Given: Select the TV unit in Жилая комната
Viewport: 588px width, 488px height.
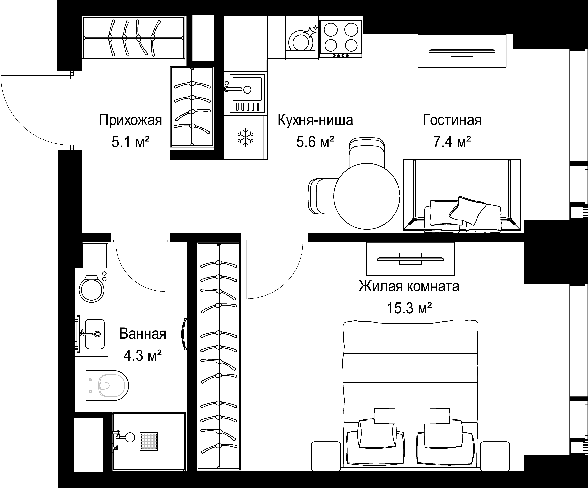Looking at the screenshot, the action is pyautogui.click(x=411, y=259).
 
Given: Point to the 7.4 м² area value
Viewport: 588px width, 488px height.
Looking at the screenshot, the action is pyautogui.click(x=452, y=142).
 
